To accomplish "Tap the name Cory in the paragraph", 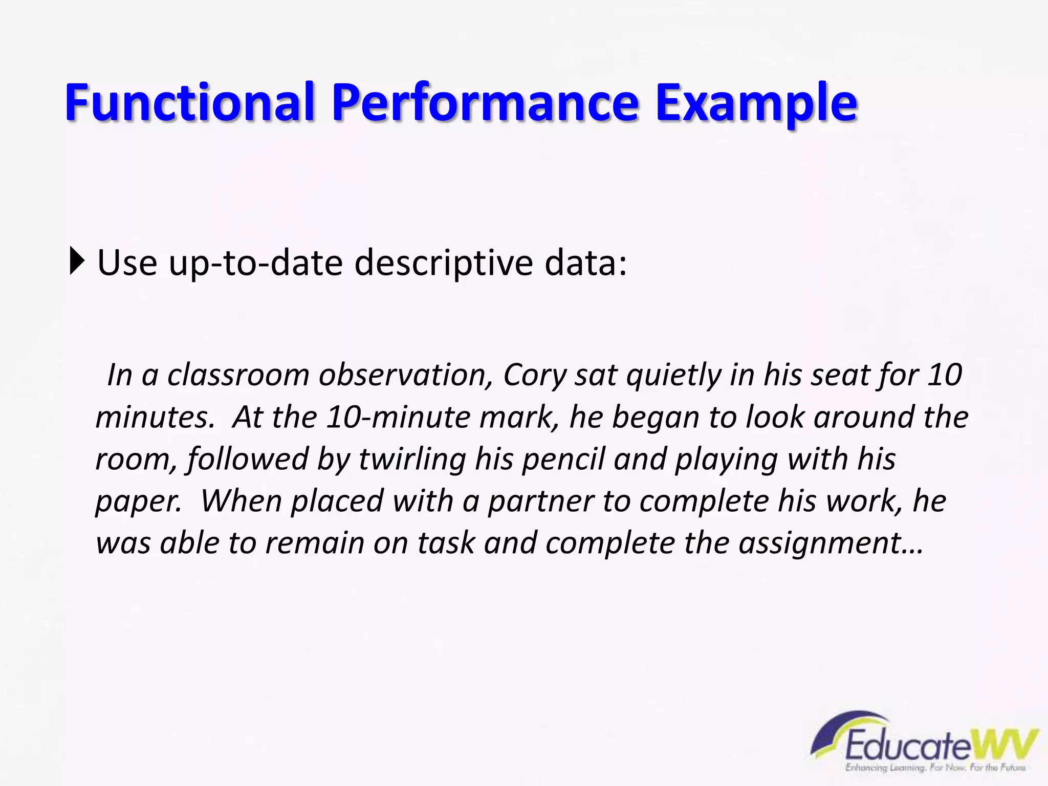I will tap(535, 375).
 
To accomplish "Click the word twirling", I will tap(412, 459).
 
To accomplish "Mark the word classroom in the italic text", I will tap(238, 375).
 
